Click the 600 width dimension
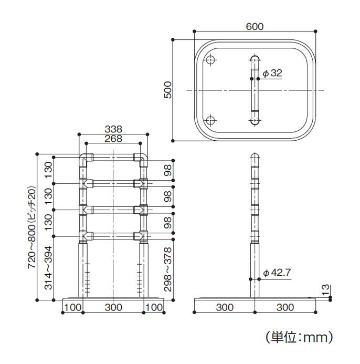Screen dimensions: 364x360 pyautogui.click(x=254, y=26)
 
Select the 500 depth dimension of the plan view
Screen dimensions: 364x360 pyautogui.click(x=167, y=90)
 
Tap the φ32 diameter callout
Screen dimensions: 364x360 pyautogui.click(x=272, y=74)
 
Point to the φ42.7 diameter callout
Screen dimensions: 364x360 pyautogui.click(x=276, y=273)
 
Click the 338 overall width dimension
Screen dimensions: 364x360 pyautogui.click(x=113, y=129)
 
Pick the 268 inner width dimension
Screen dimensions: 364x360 pyautogui.click(x=113, y=139)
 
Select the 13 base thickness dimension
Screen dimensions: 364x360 pyautogui.click(x=326, y=289)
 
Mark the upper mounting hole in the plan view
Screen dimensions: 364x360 pyautogui.click(x=210, y=60)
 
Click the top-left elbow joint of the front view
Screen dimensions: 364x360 pyautogui.click(x=85, y=158)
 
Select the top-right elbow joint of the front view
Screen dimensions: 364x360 pyautogui.click(x=141, y=158)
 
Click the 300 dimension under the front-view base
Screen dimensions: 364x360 pyautogui.click(x=113, y=307)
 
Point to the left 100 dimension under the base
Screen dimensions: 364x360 pyautogui.click(x=72, y=307)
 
